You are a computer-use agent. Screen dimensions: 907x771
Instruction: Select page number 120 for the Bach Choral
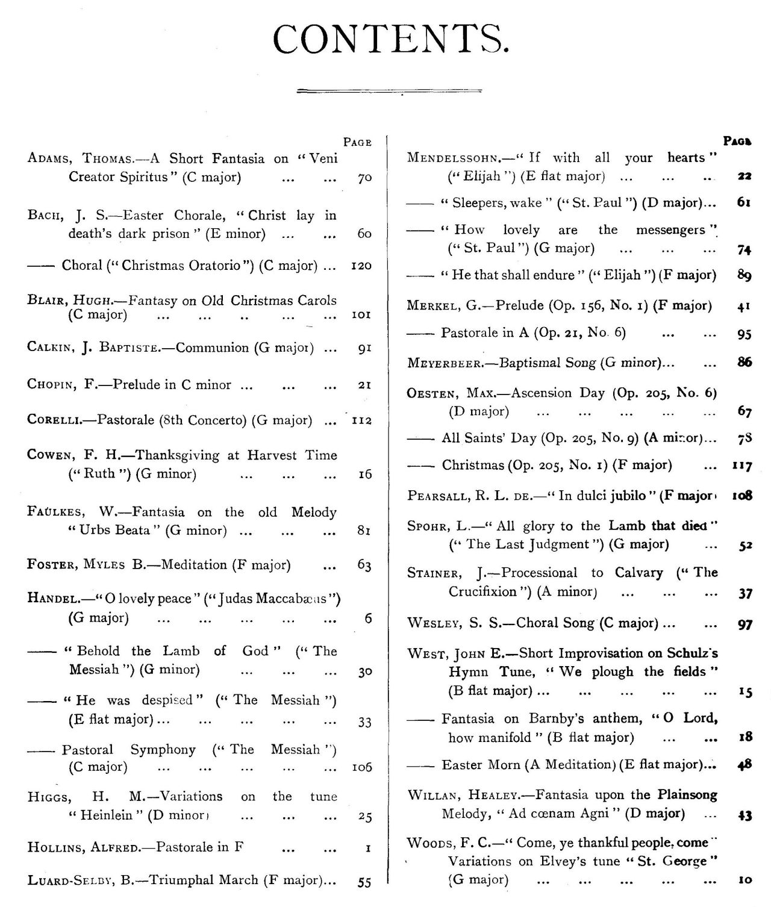[361, 266]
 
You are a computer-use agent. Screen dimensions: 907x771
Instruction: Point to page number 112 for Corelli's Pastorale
[361, 420]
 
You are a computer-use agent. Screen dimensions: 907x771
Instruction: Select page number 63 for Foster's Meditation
[364, 566]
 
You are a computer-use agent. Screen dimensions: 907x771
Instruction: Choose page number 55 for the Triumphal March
[364, 882]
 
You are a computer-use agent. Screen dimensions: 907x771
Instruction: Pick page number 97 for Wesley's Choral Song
[744, 625]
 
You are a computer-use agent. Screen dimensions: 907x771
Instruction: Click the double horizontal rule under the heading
[401, 91]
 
